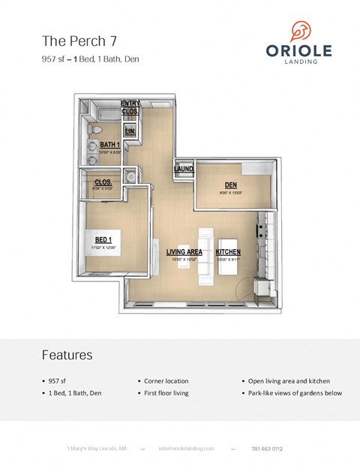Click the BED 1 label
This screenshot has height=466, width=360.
coord(104,239)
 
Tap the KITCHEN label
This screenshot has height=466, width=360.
coord(228,252)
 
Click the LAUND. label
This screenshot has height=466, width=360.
coord(183,169)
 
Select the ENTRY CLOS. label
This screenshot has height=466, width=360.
coord(130,107)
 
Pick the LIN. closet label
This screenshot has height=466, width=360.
coord(130,131)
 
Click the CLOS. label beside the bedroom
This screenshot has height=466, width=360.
coord(103,182)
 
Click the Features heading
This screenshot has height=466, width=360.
coord(67,355)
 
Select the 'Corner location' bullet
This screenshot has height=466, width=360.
coord(166,381)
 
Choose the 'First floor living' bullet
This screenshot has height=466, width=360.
coord(167,393)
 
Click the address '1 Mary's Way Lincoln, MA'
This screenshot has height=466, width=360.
coord(97,449)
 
